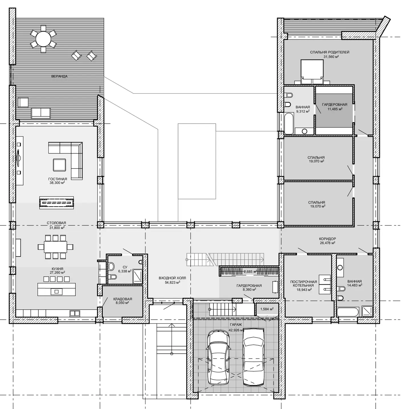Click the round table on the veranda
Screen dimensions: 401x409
43,39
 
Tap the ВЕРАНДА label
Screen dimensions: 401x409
59,76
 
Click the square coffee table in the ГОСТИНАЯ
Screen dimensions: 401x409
59,165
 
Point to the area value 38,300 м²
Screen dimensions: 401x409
57,183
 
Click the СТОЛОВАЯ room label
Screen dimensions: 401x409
56,223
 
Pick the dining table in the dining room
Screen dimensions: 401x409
55,247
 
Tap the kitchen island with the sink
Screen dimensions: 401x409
56,289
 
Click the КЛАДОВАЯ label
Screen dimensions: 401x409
123,299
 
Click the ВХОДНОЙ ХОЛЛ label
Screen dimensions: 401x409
172,278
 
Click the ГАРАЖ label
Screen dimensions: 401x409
236,325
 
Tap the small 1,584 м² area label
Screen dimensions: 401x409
267,309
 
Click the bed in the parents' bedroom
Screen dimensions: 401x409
312,72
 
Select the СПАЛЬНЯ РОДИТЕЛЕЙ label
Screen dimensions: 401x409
330,52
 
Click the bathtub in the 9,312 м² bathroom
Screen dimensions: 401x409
289,124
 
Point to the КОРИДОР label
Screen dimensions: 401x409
327,239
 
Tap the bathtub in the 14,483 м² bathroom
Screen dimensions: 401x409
348,312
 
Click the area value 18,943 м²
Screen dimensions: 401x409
304,290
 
